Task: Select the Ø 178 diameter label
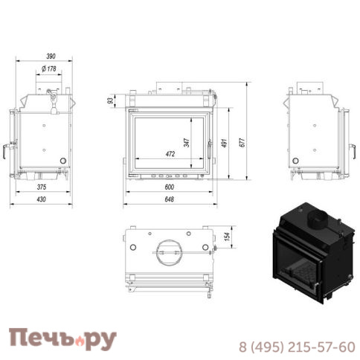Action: pyautogui.click(x=48, y=69)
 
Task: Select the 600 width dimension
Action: pyautogui.click(x=169, y=187)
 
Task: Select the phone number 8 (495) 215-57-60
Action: pyautogui.click(x=296, y=347)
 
